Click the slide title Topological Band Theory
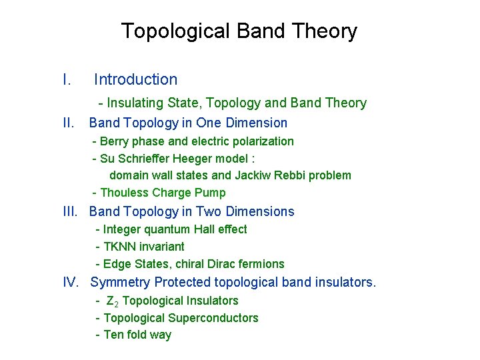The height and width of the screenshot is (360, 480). [239, 31]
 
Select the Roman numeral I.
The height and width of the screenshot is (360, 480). [67, 80]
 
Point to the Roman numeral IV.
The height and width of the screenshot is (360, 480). [71, 282]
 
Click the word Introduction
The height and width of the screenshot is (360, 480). [135, 80]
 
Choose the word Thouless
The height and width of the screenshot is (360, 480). [125, 193]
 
